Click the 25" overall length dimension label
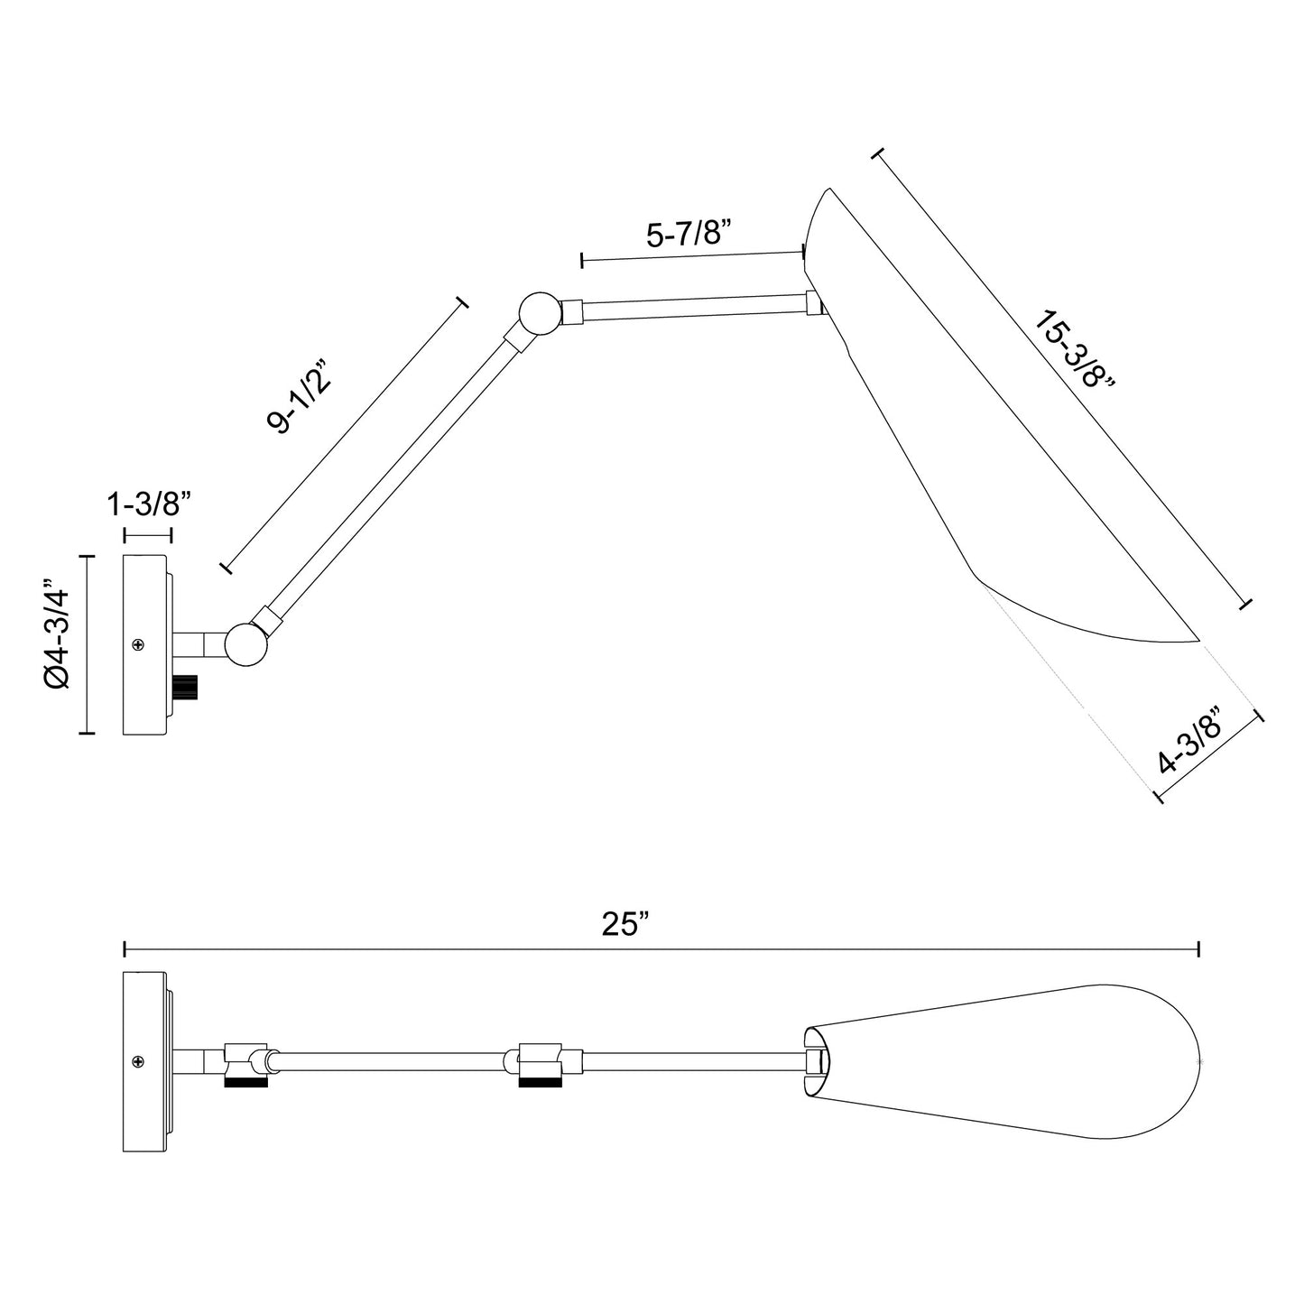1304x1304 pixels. tap(625, 925)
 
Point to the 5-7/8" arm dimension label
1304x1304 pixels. tap(689, 235)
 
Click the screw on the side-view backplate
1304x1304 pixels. tap(138, 644)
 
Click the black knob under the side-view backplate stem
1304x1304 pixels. tap(187, 688)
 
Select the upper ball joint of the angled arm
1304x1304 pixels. tap(538, 313)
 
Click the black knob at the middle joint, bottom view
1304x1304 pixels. tap(541, 1080)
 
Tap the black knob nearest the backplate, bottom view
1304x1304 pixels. tap(245, 1080)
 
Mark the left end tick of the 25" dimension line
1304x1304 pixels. tap(125, 948)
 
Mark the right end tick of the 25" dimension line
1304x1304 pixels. tap(1198, 948)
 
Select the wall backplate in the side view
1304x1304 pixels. tap(145, 644)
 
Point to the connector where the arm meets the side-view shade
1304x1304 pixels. tap(814, 304)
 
